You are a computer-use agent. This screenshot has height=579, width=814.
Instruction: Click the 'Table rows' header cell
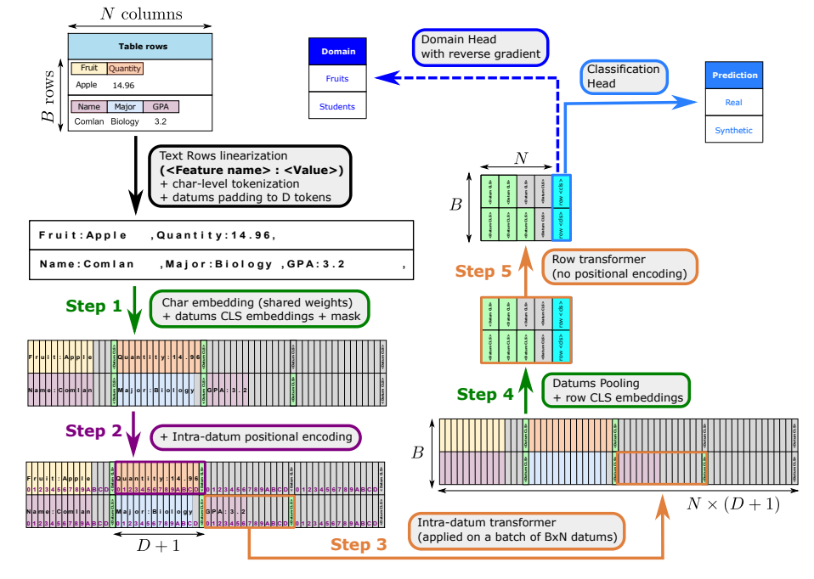[139, 46]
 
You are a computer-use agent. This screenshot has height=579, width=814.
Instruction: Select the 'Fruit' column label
[89, 68]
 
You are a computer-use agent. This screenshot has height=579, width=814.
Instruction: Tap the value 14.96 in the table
[123, 85]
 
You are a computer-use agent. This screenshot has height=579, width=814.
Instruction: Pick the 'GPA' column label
[161, 107]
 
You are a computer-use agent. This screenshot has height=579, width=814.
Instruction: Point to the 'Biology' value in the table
[124, 121]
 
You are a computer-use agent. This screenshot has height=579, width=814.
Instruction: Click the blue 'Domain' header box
[338, 52]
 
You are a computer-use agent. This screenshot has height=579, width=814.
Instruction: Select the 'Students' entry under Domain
[337, 106]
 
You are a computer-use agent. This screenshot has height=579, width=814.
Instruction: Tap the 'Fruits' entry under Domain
[337, 79]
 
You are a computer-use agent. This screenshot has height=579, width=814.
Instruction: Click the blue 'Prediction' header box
[735, 75]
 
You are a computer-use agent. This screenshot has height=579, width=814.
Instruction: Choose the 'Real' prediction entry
[734, 103]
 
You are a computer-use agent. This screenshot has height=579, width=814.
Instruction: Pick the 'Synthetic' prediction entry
[734, 131]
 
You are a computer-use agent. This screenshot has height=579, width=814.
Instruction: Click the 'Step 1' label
[93, 306]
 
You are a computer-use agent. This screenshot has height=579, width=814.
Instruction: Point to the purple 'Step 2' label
[93, 431]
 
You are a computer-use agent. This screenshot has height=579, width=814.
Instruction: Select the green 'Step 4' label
[485, 394]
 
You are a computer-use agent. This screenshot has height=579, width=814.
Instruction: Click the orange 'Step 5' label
[483, 272]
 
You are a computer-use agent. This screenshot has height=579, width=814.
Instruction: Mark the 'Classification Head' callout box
[624, 76]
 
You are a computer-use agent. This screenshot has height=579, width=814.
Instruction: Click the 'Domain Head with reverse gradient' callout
[481, 48]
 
